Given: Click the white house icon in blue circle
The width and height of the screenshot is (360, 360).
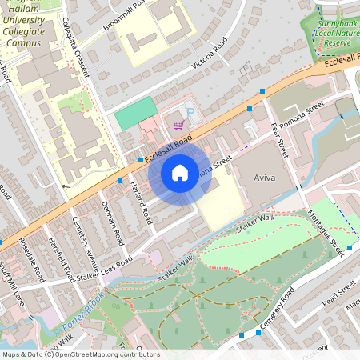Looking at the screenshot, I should [180, 172].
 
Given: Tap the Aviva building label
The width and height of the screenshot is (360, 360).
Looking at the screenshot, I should [264, 176].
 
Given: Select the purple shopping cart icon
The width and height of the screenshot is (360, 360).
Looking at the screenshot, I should [179, 124].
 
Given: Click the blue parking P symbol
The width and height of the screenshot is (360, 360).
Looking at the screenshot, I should [190, 113].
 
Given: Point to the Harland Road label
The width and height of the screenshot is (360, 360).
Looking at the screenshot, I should [141, 201].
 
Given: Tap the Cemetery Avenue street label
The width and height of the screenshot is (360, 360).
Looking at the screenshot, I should [86, 245].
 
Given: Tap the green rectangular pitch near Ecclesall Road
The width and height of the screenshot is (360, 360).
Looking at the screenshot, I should [135, 114].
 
